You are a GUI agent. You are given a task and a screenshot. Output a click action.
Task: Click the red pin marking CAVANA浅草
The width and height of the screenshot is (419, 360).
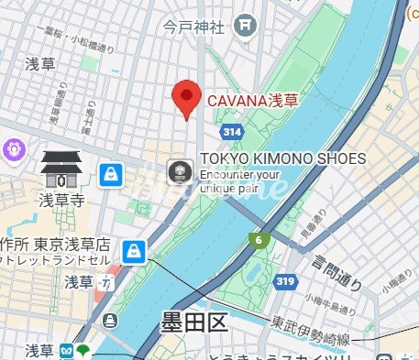187,97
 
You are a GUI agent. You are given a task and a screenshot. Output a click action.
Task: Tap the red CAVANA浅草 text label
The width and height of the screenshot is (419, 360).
250,101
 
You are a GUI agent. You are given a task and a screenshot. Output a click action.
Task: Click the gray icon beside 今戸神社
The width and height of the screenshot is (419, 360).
244,27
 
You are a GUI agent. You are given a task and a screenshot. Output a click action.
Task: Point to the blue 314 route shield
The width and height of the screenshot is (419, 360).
232,133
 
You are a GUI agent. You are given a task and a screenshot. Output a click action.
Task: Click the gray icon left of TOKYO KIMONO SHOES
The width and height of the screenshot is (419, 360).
179,171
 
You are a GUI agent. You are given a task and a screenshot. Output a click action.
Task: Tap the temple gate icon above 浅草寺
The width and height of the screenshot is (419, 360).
61,169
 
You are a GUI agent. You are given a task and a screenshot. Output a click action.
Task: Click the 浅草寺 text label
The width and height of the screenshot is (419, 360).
61,198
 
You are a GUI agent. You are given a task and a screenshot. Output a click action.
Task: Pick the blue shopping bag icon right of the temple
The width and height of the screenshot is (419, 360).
110,173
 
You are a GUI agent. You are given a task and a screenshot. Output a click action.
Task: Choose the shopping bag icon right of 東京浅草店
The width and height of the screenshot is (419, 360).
135,249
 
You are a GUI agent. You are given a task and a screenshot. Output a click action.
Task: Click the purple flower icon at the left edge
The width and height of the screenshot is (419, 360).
14,147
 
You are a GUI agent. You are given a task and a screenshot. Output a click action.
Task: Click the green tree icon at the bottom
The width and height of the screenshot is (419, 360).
84,350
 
